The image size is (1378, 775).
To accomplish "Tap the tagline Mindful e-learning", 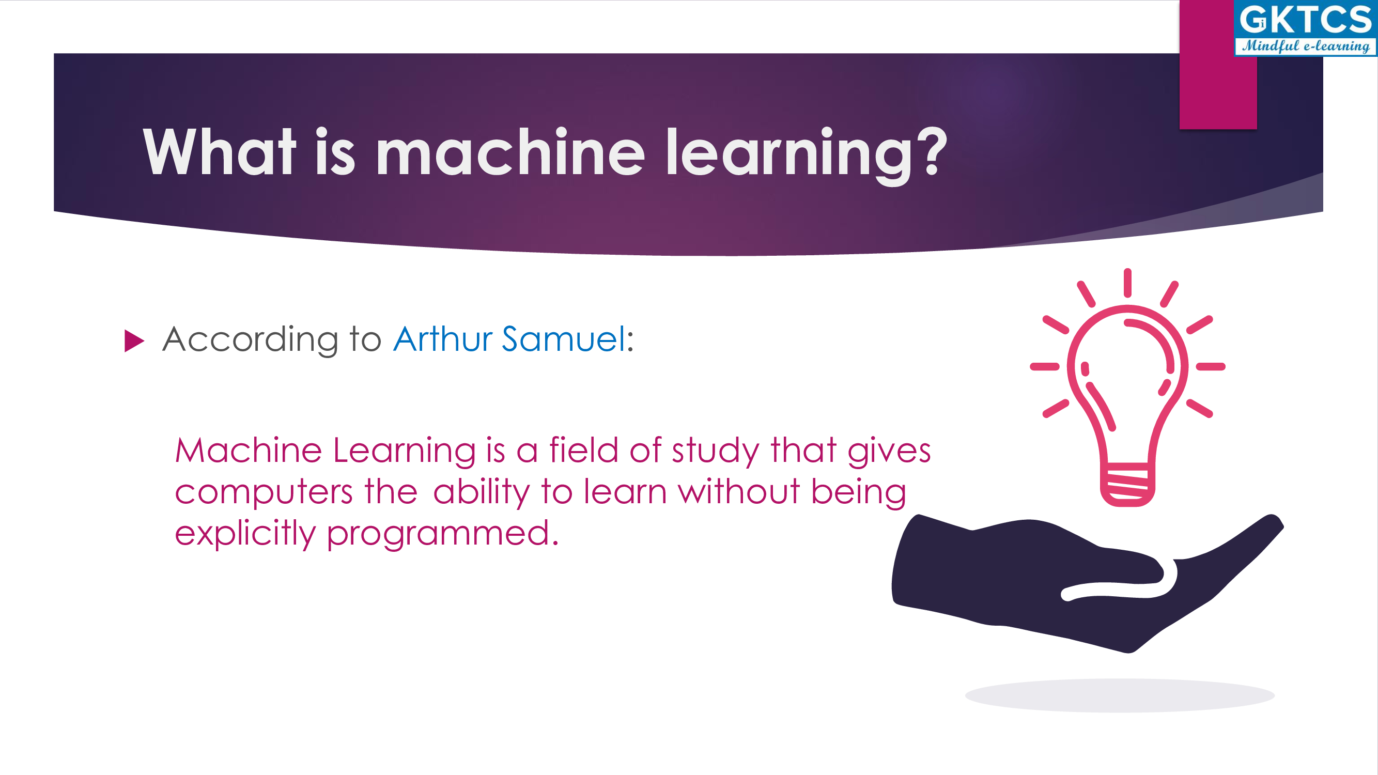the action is click(1306, 46).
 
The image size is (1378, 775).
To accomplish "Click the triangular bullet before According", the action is click(134, 340).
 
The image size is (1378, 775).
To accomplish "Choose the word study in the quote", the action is click(716, 451).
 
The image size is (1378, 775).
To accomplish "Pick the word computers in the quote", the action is click(264, 492).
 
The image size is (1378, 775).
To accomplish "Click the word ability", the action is click(482, 492).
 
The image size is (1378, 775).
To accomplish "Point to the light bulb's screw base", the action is click(1127, 485).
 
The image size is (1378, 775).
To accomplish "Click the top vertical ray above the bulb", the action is click(1127, 283).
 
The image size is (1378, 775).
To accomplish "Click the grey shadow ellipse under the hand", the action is click(1120, 695).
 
